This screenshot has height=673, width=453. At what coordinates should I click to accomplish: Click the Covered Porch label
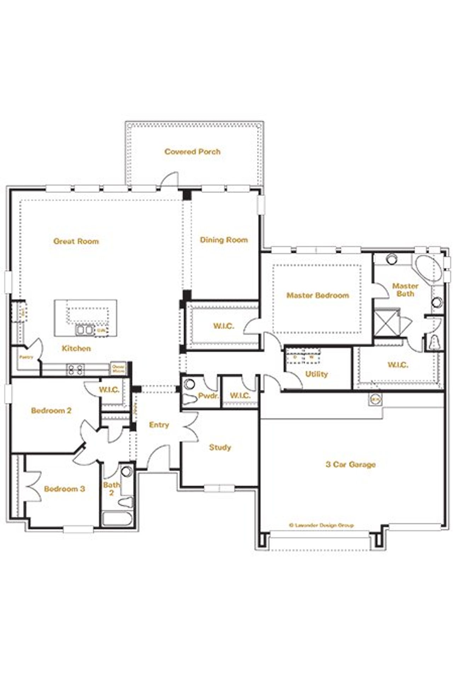tap(192, 152)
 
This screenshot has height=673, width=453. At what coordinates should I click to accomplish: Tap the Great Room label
tap(76, 241)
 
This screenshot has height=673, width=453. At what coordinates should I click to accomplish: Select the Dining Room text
tap(224, 240)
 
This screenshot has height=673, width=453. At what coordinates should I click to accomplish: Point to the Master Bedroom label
tap(317, 295)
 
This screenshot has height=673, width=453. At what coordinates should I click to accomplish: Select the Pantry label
tap(26, 357)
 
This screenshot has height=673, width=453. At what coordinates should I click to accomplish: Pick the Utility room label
tap(316, 374)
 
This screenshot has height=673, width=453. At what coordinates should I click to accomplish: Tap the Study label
tap(220, 447)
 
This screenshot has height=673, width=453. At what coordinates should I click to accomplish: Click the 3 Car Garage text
tap(350, 464)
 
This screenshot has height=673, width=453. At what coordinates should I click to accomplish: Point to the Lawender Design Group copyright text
tap(321, 525)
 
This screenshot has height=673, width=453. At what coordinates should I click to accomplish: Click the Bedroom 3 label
tap(64, 489)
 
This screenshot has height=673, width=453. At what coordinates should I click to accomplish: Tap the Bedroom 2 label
tap(51, 411)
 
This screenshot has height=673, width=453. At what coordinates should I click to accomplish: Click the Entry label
tap(159, 425)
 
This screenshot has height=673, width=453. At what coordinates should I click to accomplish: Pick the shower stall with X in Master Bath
tap(386, 322)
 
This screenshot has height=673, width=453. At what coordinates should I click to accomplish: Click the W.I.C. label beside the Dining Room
tap(224, 326)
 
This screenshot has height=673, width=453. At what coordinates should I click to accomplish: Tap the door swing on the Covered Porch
tap(169, 180)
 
